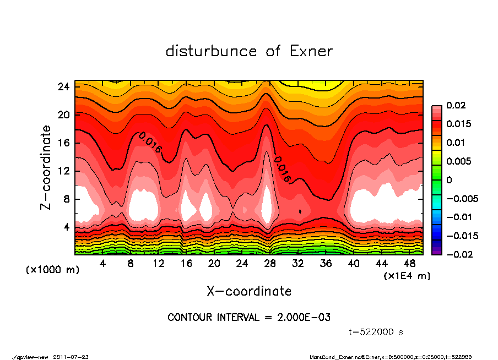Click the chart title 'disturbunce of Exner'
pyautogui.click(x=249, y=52)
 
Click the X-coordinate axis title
pyautogui.click(x=249, y=291)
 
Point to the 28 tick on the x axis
pyautogui.click(x=270, y=264)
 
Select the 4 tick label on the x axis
pyautogui.click(x=102, y=264)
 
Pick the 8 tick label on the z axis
pyautogui.click(x=67, y=199)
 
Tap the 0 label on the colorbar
pyautogui.click(x=449, y=180)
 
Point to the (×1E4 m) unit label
pyautogui.click(x=406, y=275)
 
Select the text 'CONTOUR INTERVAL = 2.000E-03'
pyautogui.click(x=249, y=318)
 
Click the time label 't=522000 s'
pyautogui.click(x=377, y=332)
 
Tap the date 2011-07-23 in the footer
pyautogui.click(x=71, y=357)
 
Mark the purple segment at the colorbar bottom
pyautogui.click(x=436, y=252)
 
